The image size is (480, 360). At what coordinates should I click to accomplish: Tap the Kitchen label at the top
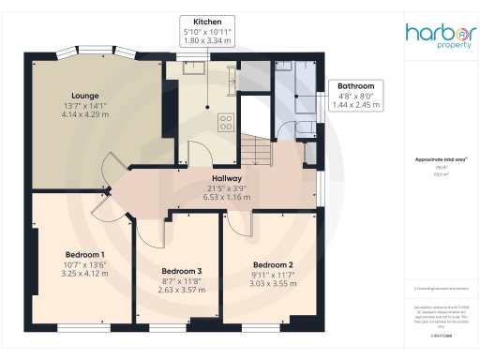point(207,21)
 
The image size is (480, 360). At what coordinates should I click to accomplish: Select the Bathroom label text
point(358,85)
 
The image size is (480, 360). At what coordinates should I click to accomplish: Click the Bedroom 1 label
point(85,254)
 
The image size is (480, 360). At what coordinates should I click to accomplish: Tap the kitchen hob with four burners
point(226,121)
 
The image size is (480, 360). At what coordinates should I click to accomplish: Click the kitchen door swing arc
point(201,153)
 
